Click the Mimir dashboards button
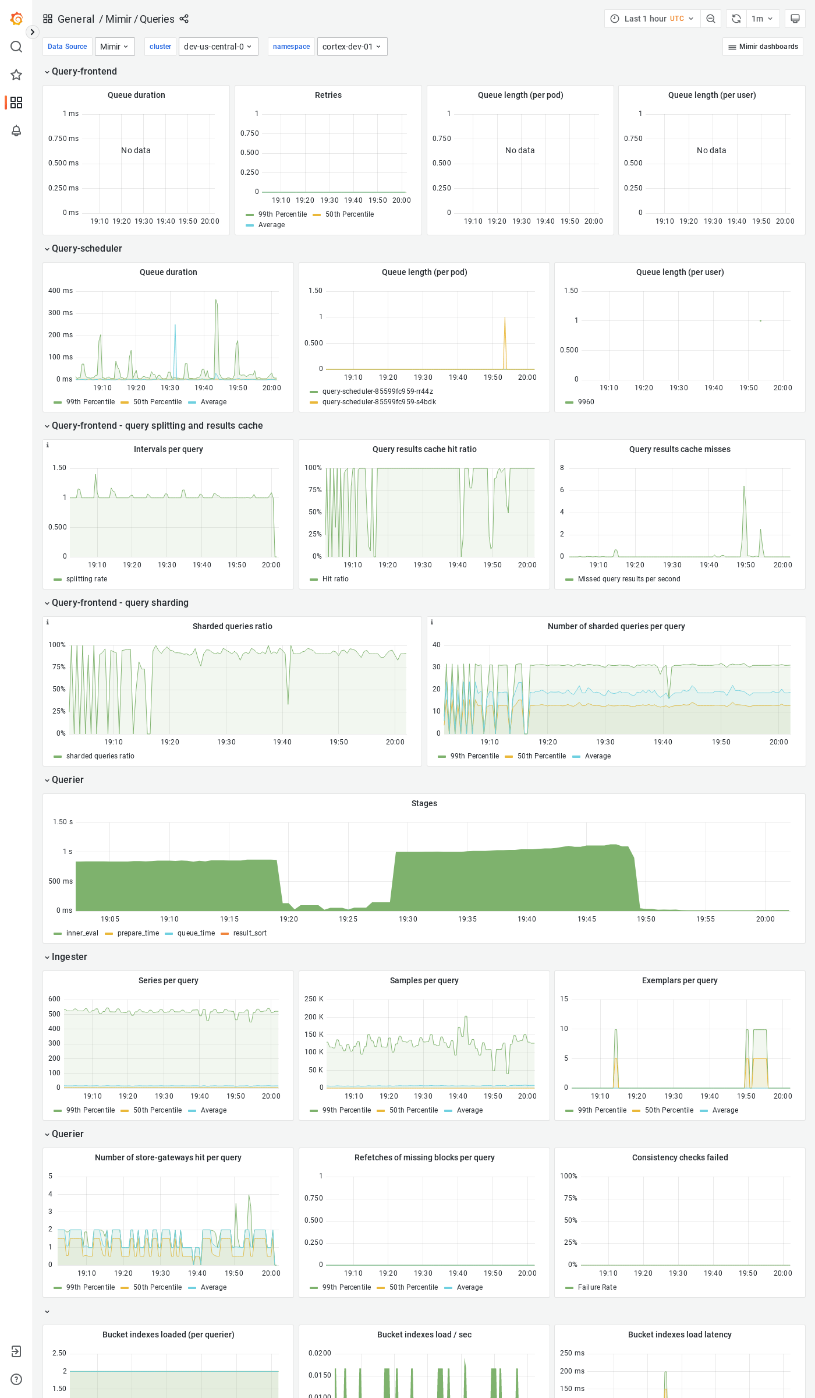click(x=763, y=47)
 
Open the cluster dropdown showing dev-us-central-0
click(x=218, y=47)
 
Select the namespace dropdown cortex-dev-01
click(x=352, y=47)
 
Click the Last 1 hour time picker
click(x=652, y=19)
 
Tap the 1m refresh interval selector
click(x=761, y=19)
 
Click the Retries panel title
click(x=328, y=95)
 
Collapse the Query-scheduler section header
click(x=87, y=249)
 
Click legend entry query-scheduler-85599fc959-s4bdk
click(x=379, y=402)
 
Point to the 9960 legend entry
click(x=586, y=402)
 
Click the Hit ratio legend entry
click(x=335, y=579)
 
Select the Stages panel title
click(x=424, y=803)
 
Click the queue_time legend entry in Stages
click(x=196, y=933)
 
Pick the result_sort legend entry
click(x=250, y=933)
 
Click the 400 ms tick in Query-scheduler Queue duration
click(x=61, y=291)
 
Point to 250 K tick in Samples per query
click(x=314, y=999)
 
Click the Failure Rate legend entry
click(x=597, y=1287)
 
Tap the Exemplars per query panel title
click(x=679, y=980)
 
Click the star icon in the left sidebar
click(x=16, y=75)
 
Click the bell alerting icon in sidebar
click(x=16, y=130)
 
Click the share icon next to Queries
click(x=184, y=19)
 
